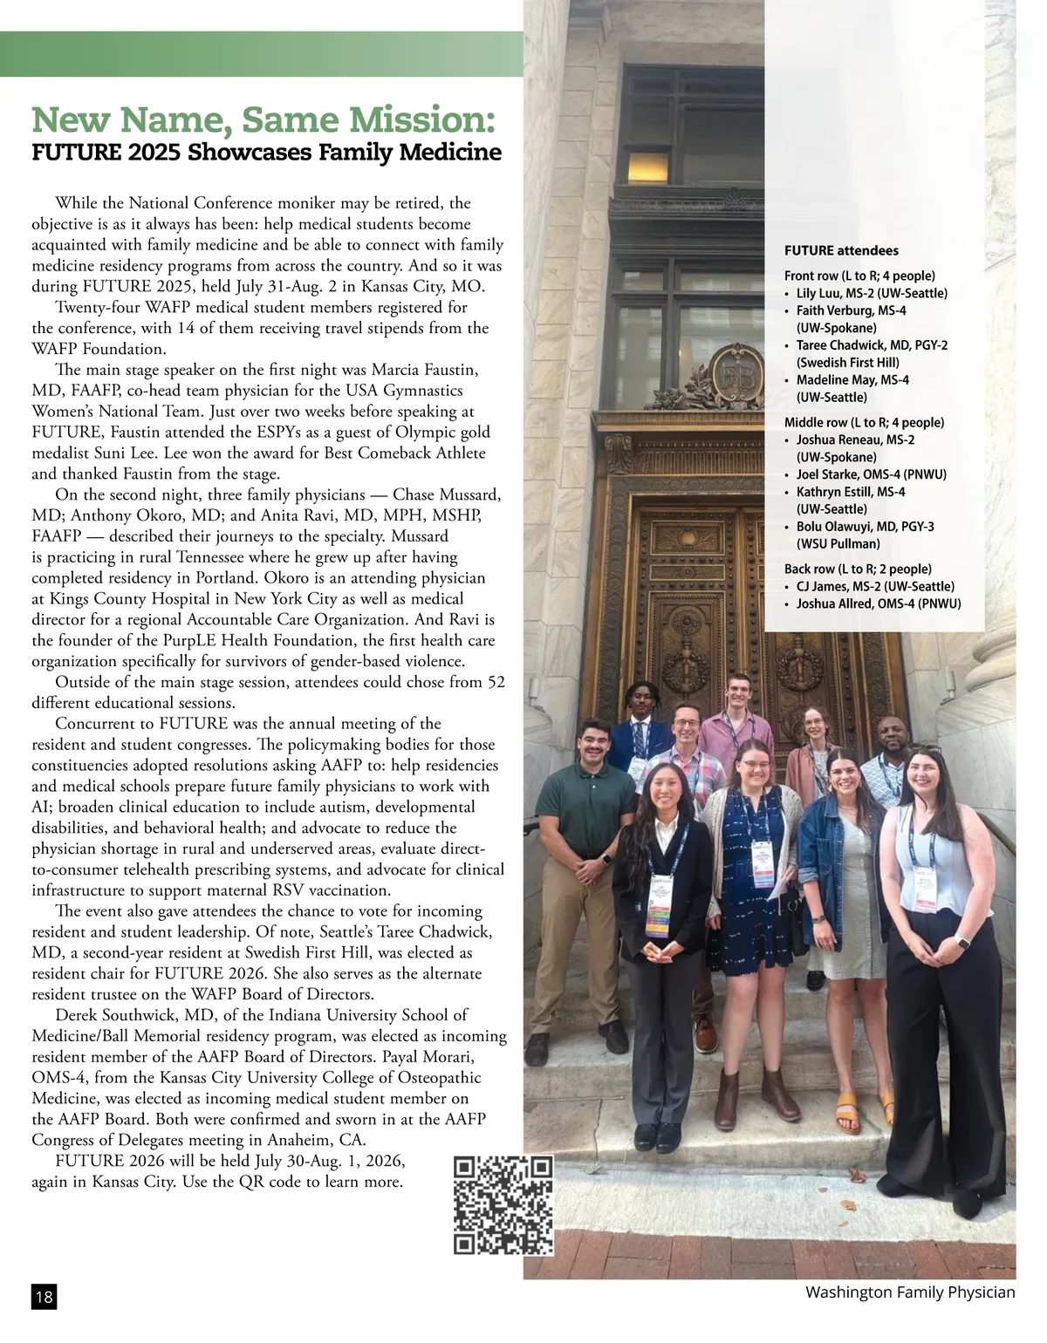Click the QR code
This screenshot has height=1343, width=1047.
504,1205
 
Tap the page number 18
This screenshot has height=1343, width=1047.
44,1298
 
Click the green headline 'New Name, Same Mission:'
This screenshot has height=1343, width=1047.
263,119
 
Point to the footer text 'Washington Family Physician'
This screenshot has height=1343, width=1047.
910,1292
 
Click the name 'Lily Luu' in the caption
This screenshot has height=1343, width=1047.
821,294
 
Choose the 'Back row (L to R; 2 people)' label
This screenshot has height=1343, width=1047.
858,569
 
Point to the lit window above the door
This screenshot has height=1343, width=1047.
647,166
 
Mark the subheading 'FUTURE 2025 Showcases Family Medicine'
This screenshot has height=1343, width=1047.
266,153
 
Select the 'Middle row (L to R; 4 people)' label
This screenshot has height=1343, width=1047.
864,423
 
